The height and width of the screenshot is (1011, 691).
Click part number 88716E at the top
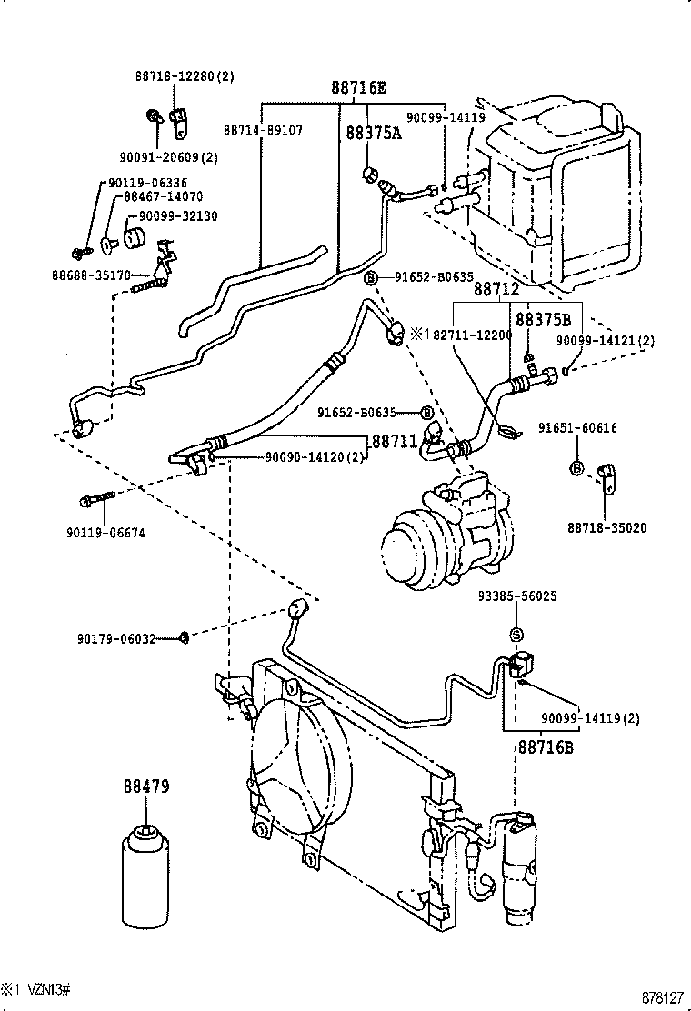[x=357, y=88]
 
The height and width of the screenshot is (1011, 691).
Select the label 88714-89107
[x=263, y=130]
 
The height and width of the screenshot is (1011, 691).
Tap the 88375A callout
[x=373, y=133]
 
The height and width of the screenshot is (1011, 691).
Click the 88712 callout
[x=496, y=289]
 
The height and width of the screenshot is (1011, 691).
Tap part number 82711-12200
[x=472, y=335]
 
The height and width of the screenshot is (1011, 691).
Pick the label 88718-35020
[x=606, y=527]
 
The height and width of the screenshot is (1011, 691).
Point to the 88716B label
[x=546, y=747]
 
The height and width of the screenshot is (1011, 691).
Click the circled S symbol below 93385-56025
[x=516, y=634]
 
